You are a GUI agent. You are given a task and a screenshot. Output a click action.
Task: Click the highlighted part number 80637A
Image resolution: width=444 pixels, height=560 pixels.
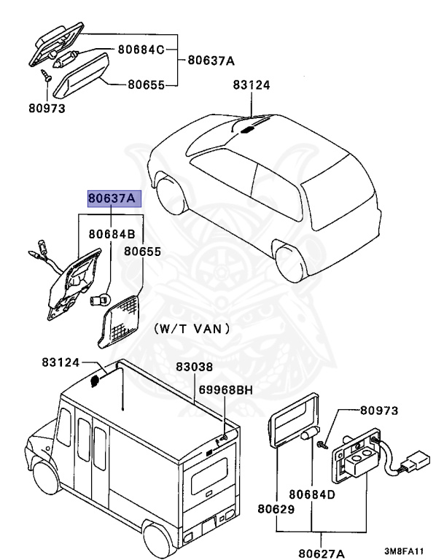point(112,198)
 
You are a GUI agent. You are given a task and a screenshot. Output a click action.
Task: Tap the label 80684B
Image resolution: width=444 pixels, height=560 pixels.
point(112,235)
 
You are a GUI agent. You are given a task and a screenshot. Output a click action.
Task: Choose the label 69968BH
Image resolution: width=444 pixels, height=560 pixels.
point(224,390)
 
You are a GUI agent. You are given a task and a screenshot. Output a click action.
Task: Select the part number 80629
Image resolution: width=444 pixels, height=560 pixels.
point(276,508)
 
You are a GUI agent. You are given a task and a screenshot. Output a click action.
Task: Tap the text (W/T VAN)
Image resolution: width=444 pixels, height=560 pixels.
point(192,329)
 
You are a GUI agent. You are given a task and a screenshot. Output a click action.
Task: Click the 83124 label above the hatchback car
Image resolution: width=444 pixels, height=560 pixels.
point(252,85)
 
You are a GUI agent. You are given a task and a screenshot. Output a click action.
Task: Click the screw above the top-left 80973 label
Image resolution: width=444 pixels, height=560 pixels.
point(46,74)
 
